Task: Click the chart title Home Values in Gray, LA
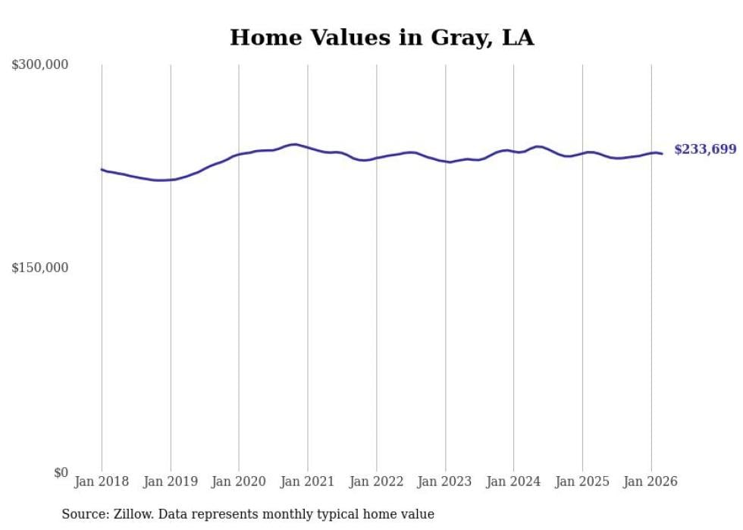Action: pos(381,38)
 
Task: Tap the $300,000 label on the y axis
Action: pos(40,65)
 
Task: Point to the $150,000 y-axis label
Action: pos(40,268)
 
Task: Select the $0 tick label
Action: pos(61,472)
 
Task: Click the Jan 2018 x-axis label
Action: pos(102,481)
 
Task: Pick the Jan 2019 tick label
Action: pos(170,481)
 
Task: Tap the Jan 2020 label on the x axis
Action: pos(239,481)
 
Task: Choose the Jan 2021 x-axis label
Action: pos(307,481)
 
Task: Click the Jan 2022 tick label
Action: pos(376,481)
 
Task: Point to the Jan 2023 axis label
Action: pos(445,481)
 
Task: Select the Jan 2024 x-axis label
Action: pos(513,481)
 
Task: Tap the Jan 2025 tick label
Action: pos(582,481)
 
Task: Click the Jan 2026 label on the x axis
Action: pos(651,481)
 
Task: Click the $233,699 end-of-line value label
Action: pos(705,149)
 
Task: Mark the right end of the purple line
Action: pos(662,154)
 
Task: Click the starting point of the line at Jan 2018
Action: pos(102,169)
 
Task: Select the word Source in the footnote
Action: pos(82,515)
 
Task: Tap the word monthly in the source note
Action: pos(284,515)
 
